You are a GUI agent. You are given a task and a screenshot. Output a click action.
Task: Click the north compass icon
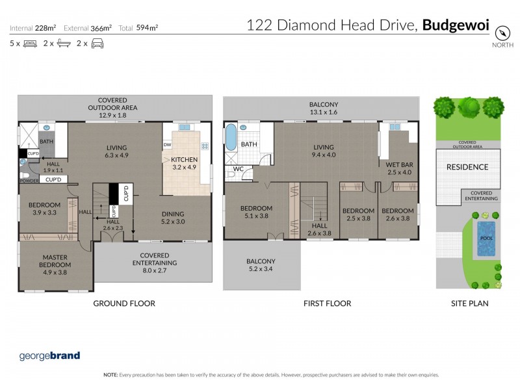click(x=501, y=32)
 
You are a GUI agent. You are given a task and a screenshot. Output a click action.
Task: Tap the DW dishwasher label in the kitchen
click(x=167, y=145)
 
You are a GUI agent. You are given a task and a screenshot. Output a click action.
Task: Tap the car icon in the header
click(x=97, y=44)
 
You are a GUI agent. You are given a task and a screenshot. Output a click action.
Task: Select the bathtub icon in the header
click(x=64, y=44)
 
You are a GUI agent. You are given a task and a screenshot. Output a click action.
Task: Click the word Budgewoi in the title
click(x=455, y=25)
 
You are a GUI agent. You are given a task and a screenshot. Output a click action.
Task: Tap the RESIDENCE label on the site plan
click(x=467, y=167)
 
